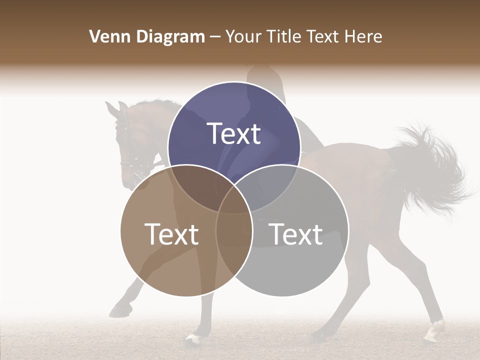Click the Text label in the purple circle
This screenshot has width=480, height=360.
click(234, 133)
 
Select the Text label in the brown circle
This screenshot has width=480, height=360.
click(171, 234)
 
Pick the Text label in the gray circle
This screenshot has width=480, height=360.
click(296, 234)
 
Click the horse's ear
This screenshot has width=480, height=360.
click(121, 107)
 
